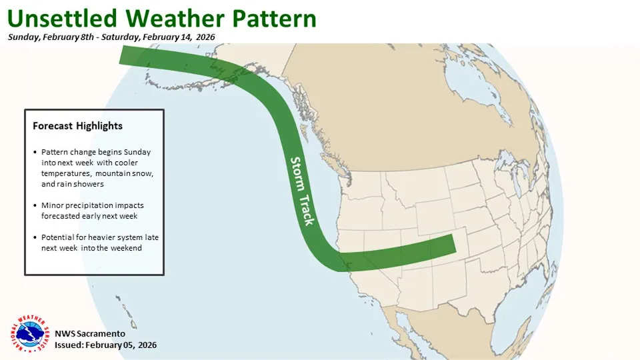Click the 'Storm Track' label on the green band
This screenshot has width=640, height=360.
click(302, 191)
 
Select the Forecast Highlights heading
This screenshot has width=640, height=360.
click(77, 125)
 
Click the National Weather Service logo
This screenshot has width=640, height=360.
click(27, 334)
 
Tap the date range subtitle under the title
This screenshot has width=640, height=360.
click(111, 37)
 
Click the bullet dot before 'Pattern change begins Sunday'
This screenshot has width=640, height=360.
click(35, 152)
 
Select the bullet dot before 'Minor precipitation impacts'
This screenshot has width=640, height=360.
click(35, 205)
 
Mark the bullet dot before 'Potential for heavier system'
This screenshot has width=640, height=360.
click(35, 237)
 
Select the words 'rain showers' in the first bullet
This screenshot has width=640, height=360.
click(81, 184)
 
